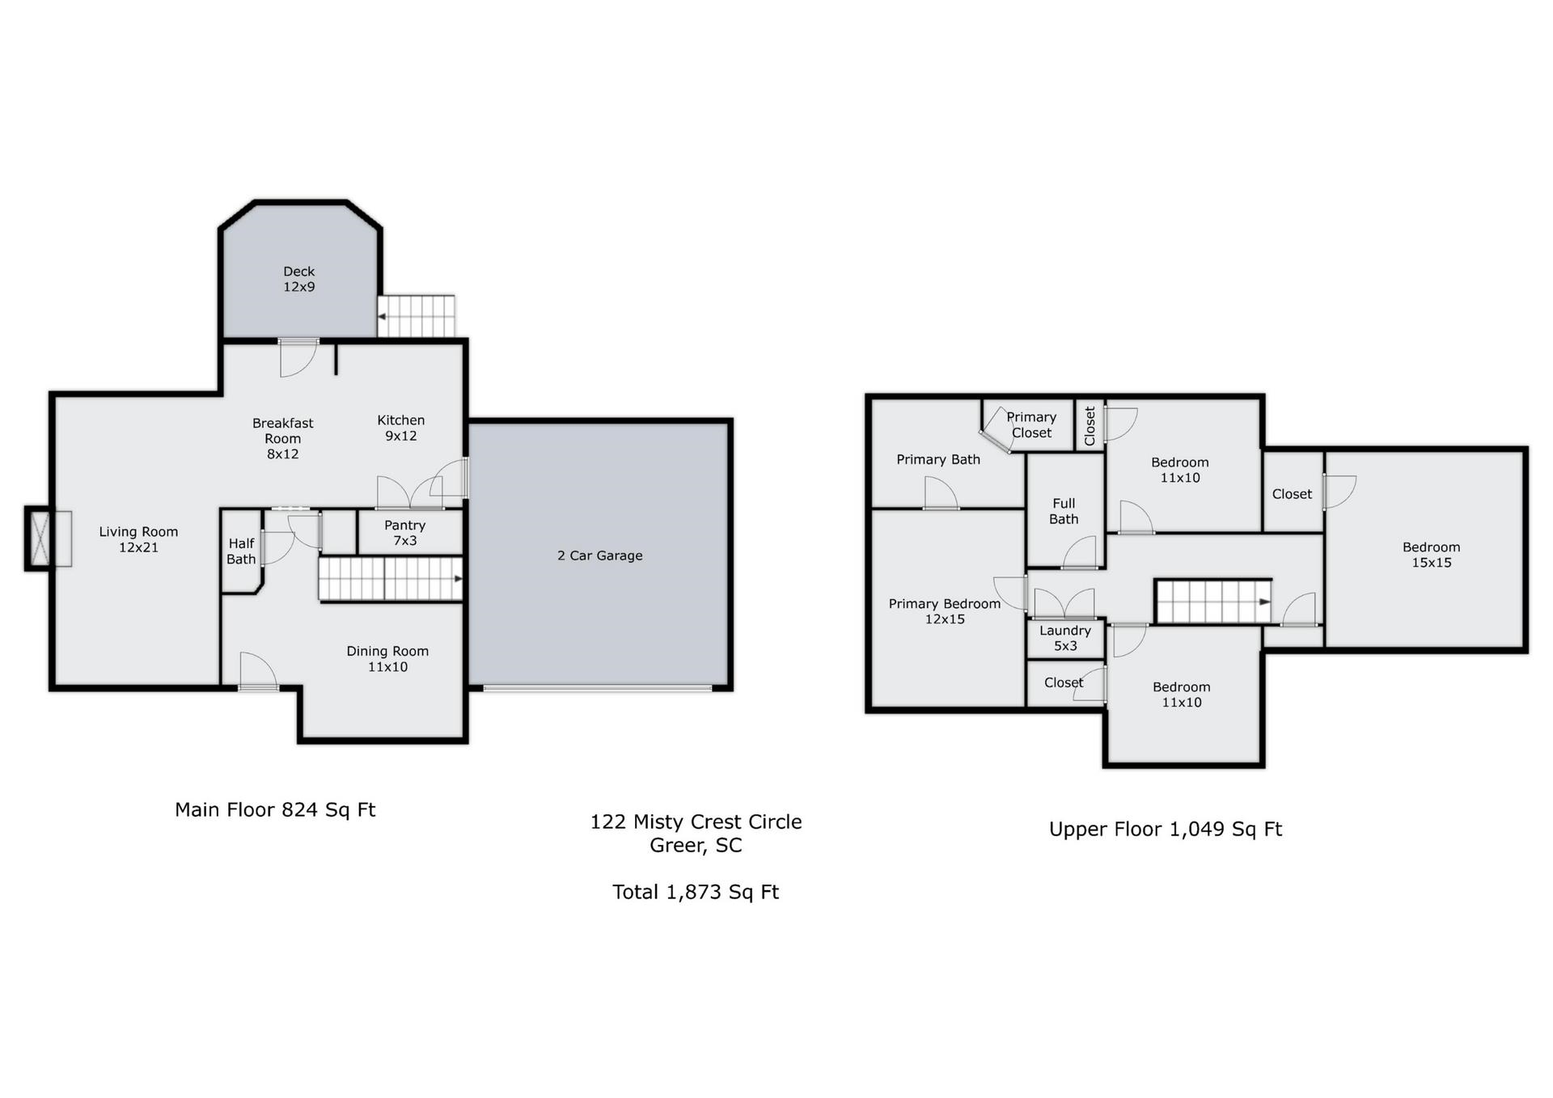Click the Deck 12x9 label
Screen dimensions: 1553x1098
point(298,279)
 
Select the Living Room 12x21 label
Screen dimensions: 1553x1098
point(138,539)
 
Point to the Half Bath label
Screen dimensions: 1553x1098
point(241,551)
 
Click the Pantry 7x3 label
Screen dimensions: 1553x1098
point(404,533)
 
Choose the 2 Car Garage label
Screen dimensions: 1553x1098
point(599,555)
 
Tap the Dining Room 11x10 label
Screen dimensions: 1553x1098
point(387,659)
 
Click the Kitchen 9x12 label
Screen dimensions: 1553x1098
point(400,428)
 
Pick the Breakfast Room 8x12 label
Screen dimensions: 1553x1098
point(282,438)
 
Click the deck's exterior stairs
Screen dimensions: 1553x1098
point(417,316)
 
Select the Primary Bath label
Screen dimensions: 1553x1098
point(938,459)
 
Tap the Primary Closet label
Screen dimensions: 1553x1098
point(1031,424)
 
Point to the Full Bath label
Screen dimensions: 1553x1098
point(1064,511)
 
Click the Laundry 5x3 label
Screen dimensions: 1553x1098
point(1065,638)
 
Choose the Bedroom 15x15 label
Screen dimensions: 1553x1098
point(1431,555)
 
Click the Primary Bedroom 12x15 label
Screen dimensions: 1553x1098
point(945,611)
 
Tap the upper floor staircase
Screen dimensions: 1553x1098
point(1213,602)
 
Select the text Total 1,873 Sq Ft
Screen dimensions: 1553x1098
point(696,892)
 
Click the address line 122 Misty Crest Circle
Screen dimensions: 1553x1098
point(696,821)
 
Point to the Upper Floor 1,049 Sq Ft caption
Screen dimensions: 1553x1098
point(1166,830)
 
